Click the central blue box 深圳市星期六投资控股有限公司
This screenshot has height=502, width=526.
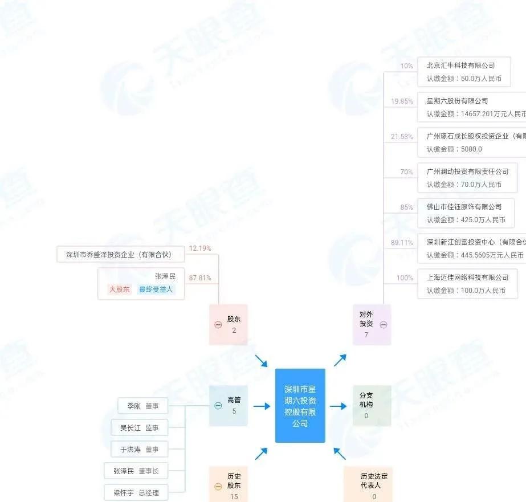(300, 405)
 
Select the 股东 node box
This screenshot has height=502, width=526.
(228, 324)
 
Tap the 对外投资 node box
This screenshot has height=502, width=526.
(371, 324)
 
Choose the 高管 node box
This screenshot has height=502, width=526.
(228, 405)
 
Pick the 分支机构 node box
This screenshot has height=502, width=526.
(372, 405)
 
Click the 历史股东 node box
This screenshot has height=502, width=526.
(228, 484)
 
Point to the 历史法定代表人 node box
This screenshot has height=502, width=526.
(368, 485)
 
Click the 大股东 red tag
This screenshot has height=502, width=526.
(120, 289)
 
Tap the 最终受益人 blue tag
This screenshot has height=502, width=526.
(156, 289)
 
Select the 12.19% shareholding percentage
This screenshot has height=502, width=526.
(200, 248)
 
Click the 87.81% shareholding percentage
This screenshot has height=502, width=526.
(200, 278)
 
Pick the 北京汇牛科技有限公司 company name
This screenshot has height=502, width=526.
(460, 66)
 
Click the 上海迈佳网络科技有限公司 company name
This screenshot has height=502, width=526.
(467, 277)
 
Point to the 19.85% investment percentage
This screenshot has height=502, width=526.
(402, 101)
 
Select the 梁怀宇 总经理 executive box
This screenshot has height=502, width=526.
(140, 492)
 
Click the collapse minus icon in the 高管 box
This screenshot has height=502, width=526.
(218, 406)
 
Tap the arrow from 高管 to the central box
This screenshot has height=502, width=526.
(261, 406)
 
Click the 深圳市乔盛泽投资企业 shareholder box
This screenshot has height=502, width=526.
(119, 254)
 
